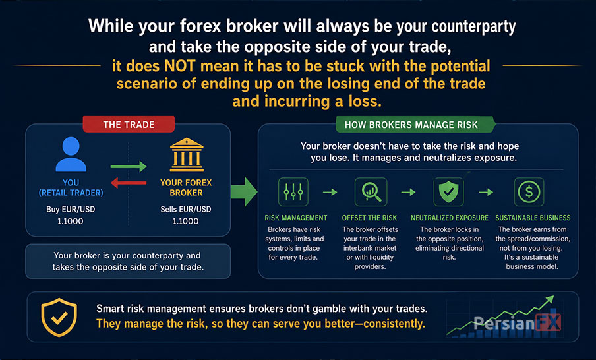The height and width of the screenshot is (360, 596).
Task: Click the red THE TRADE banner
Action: [129, 125]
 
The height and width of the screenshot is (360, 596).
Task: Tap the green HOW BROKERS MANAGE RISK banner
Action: [415, 125]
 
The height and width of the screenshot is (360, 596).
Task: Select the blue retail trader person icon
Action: [71, 154]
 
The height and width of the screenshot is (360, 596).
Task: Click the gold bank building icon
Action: [186, 155]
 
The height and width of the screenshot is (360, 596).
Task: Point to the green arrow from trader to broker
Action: [129, 167]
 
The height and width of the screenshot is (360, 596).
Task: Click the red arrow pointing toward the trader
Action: [129, 183]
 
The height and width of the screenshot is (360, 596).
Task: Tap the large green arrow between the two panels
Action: [244, 191]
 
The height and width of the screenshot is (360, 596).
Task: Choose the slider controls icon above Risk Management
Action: [293, 192]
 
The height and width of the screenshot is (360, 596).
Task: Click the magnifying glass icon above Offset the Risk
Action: [371, 192]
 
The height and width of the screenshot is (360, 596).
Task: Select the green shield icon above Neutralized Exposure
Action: [448, 192]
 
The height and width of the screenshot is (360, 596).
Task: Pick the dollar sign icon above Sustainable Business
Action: [529, 192]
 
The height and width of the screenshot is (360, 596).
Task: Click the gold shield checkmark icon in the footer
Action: [59, 317]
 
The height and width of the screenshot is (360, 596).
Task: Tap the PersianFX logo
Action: [517, 323]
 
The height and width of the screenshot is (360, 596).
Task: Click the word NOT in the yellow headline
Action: [180, 66]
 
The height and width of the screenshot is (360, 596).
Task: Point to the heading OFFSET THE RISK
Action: [369, 218]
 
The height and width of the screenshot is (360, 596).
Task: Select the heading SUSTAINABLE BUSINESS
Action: [533, 218]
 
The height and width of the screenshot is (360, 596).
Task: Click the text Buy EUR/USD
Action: [71, 209]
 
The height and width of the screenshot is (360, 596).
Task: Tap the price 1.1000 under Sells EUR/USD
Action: [185, 221]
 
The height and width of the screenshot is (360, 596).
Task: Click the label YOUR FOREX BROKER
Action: [186, 187]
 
